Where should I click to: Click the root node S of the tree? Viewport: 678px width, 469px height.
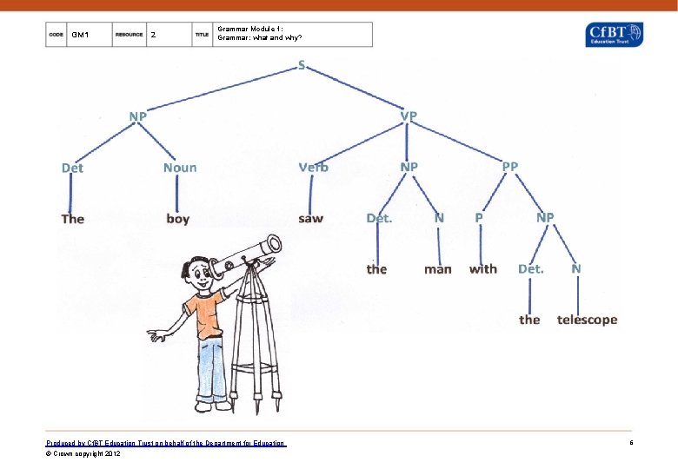(301, 66)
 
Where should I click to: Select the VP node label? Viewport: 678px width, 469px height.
(409, 116)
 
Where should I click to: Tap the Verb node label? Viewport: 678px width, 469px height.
(313, 167)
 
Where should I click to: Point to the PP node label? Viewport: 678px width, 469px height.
(509, 166)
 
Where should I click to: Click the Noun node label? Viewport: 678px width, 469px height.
(180, 167)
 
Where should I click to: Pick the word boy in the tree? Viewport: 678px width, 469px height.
(177, 218)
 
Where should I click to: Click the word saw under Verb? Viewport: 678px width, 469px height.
(310, 218)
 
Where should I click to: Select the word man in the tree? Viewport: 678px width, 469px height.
(438, 269)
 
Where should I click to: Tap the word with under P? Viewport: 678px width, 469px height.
(483, 268)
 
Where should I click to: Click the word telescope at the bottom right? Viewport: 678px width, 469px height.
(587, 320)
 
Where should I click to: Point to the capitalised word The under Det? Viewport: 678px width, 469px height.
(73, 218)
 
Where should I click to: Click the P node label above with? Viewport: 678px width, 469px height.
(479, 217)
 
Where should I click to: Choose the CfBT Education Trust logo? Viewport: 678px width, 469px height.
(615, 35)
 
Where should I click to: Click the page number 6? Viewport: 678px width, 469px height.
(631, 443)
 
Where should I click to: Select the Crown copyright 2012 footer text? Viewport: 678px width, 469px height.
(83, 453)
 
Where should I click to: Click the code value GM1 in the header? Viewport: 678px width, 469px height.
(80, 35)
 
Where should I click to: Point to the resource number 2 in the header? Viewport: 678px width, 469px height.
(154, 35)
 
